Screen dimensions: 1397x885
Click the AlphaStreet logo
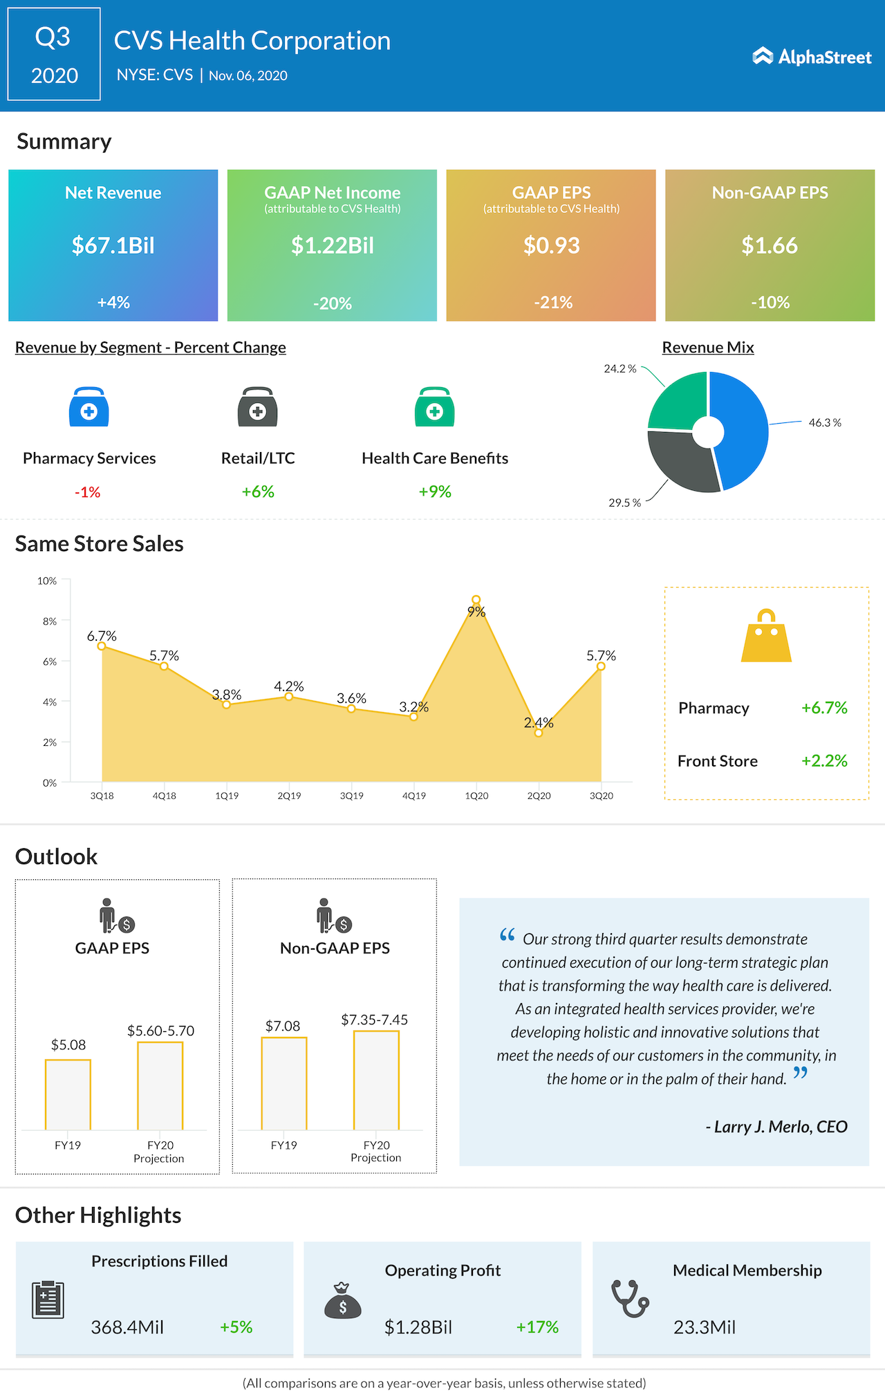pos(812,57)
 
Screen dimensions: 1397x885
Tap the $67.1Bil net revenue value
pos(113,245)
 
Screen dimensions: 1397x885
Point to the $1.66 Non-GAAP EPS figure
pos(770,245)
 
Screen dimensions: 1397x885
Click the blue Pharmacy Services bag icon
pos(89,408)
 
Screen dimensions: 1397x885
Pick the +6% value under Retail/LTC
pos(258,491)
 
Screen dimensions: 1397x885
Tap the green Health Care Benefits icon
pos(434,408)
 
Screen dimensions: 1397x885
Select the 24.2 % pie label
pos(619,369)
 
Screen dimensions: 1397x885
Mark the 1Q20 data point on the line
pos(476,599)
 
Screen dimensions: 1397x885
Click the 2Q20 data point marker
pos(539,733)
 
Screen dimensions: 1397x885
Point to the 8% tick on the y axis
pos(49,621)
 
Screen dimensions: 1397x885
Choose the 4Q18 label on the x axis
pos(164,796)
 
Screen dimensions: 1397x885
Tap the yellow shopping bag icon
pos(766,637)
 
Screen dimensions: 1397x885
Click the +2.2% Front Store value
pos(824,761)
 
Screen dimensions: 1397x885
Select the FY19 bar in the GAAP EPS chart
pos(68,1095)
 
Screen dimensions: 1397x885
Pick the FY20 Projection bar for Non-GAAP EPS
pos(376,1080)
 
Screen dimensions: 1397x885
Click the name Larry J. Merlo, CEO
pos(776,1127)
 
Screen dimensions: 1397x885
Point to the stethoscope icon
pos(630,1299)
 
